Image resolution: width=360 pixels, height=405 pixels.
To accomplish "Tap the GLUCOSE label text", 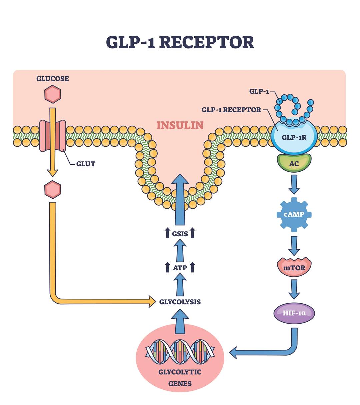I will point(53,79).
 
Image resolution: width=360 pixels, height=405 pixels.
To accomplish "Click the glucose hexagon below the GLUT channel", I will point(53,190).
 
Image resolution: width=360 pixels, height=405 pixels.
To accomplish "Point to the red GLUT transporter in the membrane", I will point(53,136).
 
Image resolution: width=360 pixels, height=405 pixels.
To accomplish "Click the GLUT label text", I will point(86,164).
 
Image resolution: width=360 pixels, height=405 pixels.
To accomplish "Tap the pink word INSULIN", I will point(180,125).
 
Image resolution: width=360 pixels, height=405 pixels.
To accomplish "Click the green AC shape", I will point(294,163).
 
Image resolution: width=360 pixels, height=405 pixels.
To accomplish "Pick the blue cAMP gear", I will point(294,214).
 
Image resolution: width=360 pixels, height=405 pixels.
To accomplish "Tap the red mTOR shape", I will point(294,267).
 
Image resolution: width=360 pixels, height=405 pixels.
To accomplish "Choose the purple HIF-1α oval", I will point(294,313).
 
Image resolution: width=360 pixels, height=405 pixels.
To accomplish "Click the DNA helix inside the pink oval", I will point(180,353).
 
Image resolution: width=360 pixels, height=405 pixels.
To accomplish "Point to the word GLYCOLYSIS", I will point(180,302).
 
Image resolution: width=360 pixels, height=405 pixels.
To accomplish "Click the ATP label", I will point(180,267).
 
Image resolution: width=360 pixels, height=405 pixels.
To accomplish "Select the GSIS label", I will point(180,234).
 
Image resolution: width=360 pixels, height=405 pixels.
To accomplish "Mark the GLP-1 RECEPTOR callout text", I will point(231,110).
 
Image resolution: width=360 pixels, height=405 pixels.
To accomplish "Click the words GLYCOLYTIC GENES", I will point(180,377).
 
